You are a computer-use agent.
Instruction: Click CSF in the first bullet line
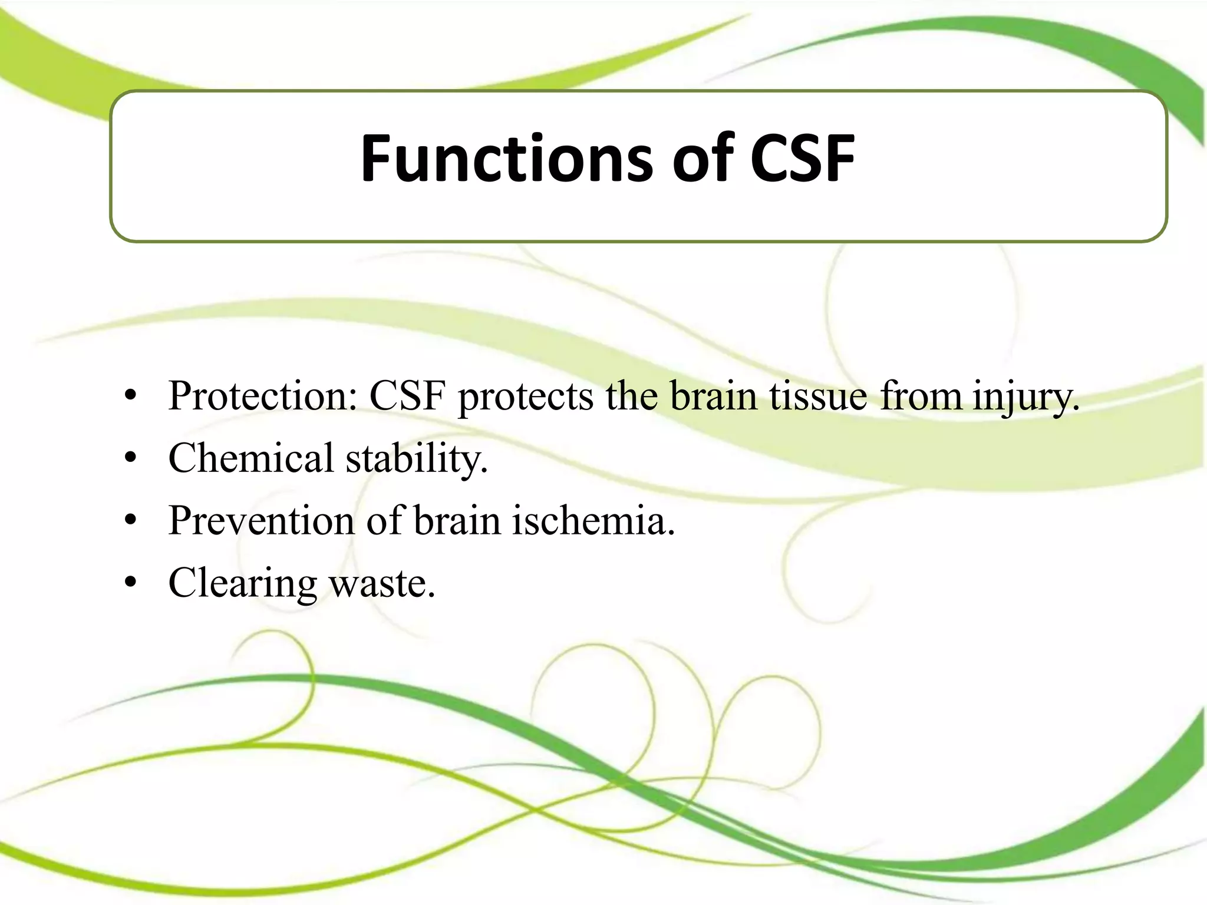tap(407, 396)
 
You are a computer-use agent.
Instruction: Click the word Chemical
tap(251, 458)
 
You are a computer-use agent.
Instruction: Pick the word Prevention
tap(262, 521)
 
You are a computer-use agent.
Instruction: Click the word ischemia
tap(592, 521)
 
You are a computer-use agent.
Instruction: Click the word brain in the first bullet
tap(713, 396)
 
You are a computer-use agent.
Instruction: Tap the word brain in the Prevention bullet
tap(457, 521)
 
